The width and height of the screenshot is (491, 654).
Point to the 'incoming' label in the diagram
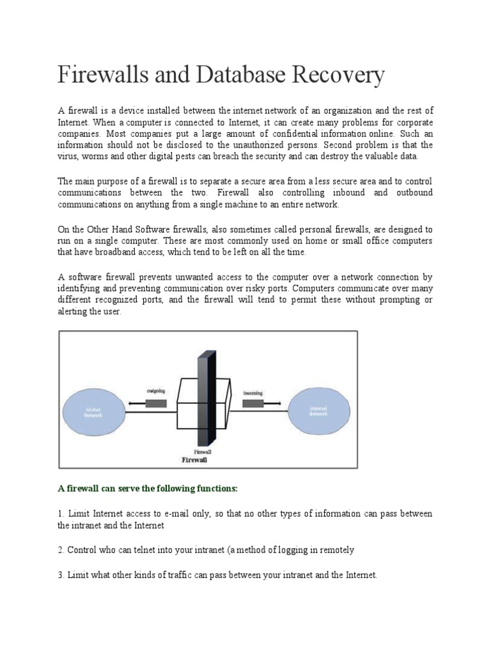253,393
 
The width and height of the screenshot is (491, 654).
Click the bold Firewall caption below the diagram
194,459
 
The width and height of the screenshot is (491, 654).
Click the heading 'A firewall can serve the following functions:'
148,489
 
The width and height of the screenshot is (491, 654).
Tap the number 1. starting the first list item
61,514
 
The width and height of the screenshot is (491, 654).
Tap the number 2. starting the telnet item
61,550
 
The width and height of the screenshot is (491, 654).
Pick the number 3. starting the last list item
61,575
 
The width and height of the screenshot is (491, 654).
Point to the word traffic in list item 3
171,575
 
